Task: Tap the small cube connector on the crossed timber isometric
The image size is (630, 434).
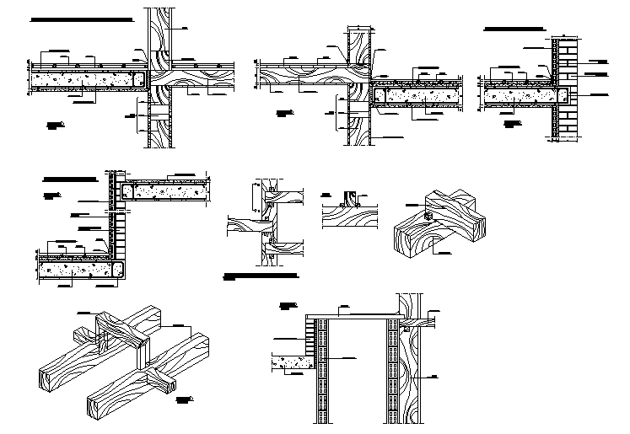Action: click(428, 217)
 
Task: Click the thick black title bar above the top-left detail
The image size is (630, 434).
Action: click(80, 19)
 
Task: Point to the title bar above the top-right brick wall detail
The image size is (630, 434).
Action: click(515, 29)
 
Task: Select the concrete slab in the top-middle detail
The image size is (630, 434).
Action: click(417, 95)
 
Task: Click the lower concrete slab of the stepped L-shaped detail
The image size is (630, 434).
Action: click(76, 270)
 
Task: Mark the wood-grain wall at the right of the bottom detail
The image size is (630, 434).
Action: click(414, 371)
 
